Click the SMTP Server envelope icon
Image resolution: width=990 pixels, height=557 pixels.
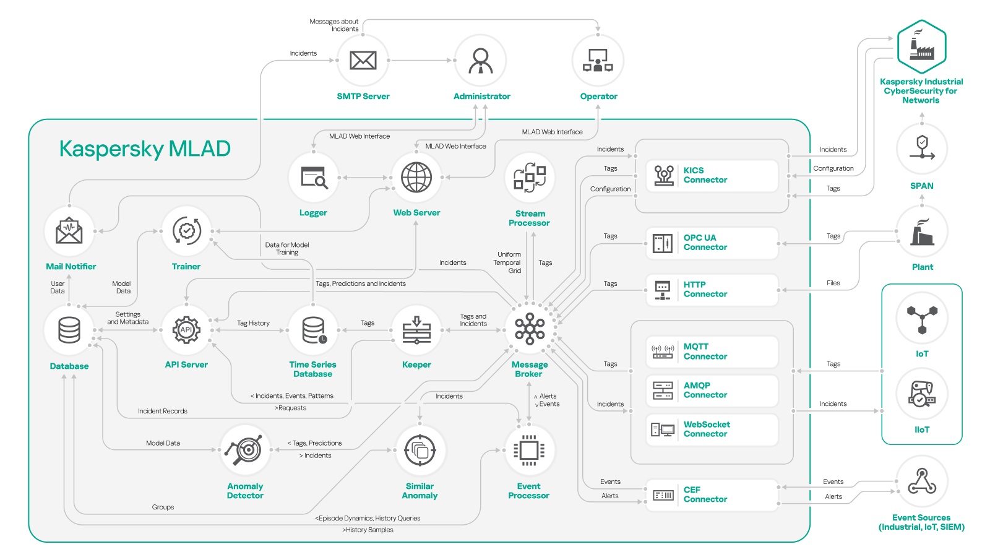pos(363,60)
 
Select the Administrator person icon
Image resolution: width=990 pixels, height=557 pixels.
pos(481,61)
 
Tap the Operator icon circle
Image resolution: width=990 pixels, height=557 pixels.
pos(598,61)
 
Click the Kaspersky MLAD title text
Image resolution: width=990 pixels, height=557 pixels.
pos(145,149)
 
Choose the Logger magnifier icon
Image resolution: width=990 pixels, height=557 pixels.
pos(314,178)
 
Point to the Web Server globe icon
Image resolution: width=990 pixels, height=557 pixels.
pos(416,178)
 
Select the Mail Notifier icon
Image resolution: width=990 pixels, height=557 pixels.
pos(69,231)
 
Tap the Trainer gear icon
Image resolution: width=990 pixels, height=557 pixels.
pos(186,231)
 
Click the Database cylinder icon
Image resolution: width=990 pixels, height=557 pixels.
pos(69,330)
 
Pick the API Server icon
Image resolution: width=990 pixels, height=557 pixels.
pos(186,330)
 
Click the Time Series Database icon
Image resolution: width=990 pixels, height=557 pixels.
pos(314,330)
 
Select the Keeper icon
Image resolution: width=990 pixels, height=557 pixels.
pos(416,330)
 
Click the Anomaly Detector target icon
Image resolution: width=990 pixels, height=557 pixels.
pos(245,451)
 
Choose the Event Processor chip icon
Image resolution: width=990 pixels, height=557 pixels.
pos(529,451)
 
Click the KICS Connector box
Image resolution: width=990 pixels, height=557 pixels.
pos(712,176)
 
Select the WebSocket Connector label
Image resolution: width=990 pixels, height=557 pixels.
pos(706,429)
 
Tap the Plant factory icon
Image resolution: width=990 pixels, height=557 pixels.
pos(922,231)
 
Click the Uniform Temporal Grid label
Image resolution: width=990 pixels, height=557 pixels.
pos(509,262)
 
